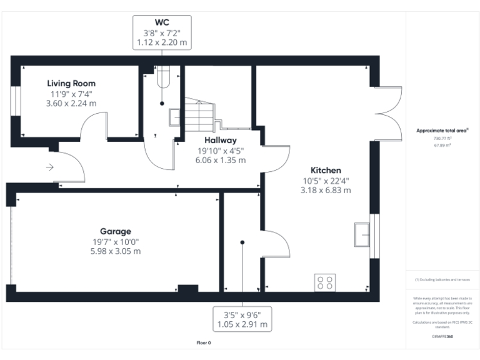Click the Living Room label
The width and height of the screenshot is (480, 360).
(71, 83)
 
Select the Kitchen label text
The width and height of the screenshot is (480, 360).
(326, 170)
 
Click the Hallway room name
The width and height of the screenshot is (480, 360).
(220, 140)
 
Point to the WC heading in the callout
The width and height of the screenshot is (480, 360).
(162, 22)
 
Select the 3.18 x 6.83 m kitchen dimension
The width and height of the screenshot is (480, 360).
(326, 190)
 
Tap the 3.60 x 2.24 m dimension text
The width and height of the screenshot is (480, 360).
(71, 103)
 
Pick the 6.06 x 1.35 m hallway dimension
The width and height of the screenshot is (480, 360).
(220, 160)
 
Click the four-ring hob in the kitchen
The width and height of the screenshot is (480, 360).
(324, 282)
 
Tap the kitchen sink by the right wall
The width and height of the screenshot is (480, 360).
(362, 234)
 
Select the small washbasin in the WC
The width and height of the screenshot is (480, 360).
(175, 117)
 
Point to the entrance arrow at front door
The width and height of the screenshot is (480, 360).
(50, 167)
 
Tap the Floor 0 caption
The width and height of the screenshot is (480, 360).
(204, 343)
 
